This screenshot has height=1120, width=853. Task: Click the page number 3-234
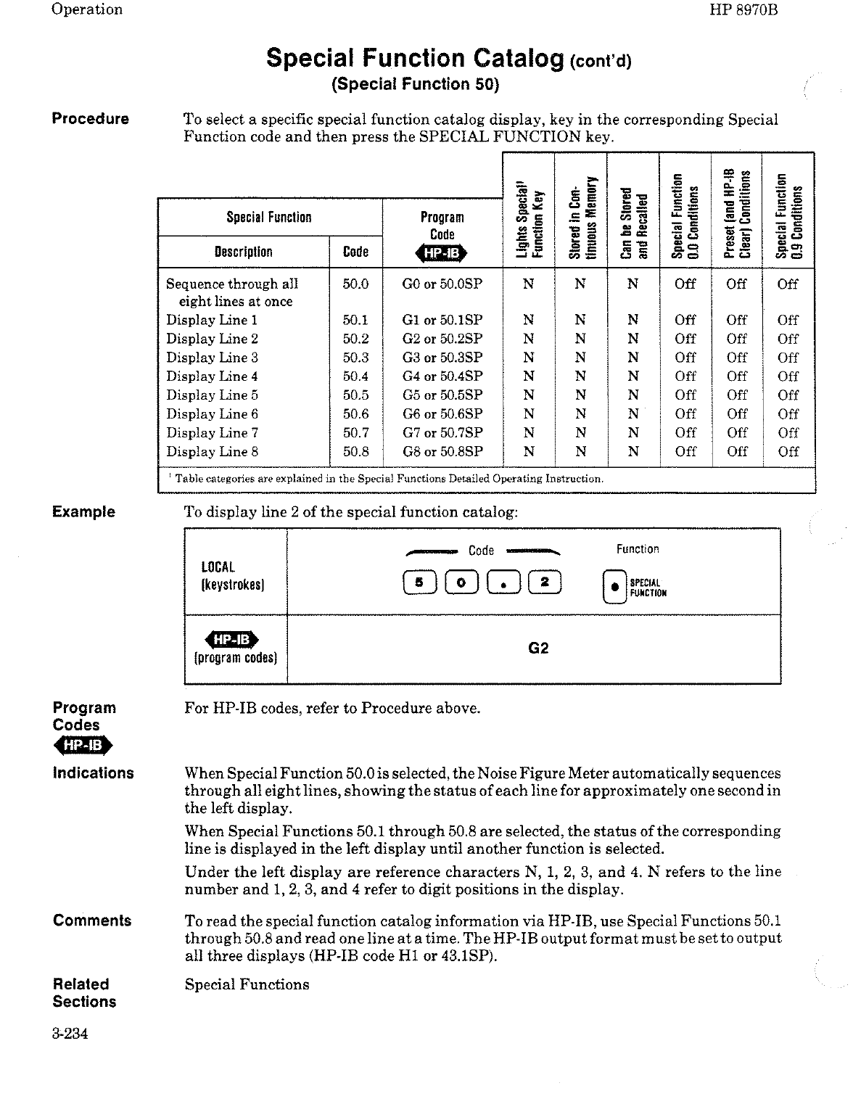(70, 1034)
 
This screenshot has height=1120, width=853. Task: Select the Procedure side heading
(90, 119)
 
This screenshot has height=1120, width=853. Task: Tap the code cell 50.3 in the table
(355, 358)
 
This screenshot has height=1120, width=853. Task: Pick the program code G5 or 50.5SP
(442, 395)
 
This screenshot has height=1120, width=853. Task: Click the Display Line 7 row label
(212, 433)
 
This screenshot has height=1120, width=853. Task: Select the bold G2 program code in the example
(538, 648)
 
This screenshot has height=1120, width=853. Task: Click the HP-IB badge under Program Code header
(441, 252)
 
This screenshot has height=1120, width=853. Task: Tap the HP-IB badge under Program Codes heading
(83, 745)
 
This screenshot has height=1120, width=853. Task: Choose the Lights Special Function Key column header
(528, 215)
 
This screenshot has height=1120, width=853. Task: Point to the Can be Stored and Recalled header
(632, 221)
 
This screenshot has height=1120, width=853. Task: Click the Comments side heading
(92, 921)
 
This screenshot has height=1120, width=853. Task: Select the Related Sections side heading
(84, 993)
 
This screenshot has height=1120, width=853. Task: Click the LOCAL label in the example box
(218, 567)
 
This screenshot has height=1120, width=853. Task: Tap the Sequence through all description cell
(232, 292)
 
